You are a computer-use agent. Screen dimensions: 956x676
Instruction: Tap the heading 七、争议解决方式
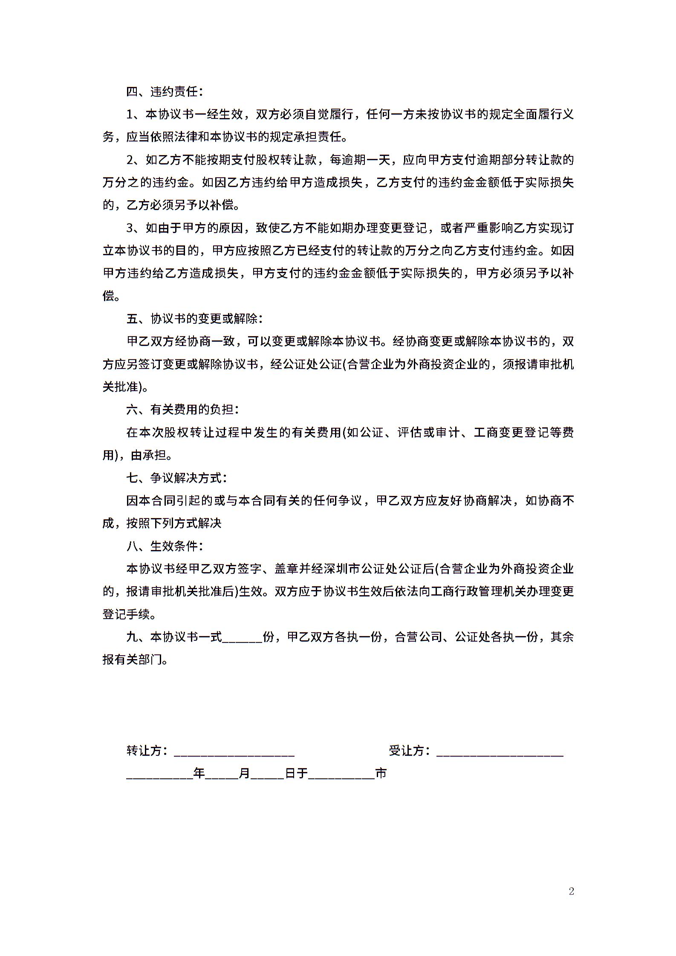click(x=176, y=478)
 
